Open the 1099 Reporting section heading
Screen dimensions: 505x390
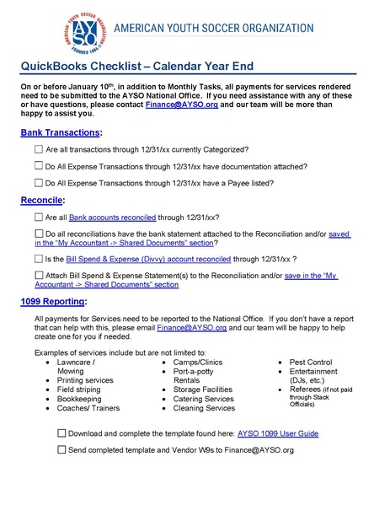56,301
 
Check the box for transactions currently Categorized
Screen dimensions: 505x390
39,148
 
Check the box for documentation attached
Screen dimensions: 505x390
39,165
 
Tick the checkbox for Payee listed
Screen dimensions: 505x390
39,182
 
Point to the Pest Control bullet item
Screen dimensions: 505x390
316,361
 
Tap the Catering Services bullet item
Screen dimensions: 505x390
204,398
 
